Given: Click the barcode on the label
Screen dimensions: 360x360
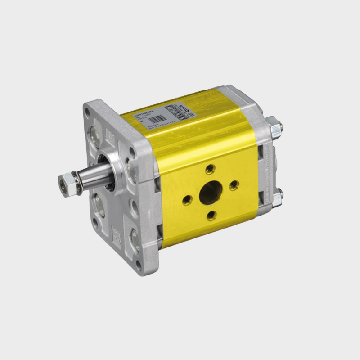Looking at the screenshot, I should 153,121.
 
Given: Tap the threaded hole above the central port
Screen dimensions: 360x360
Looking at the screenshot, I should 209,170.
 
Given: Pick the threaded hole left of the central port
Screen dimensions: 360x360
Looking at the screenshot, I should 187,199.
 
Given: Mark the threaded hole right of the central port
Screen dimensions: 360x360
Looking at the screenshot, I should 233,185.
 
